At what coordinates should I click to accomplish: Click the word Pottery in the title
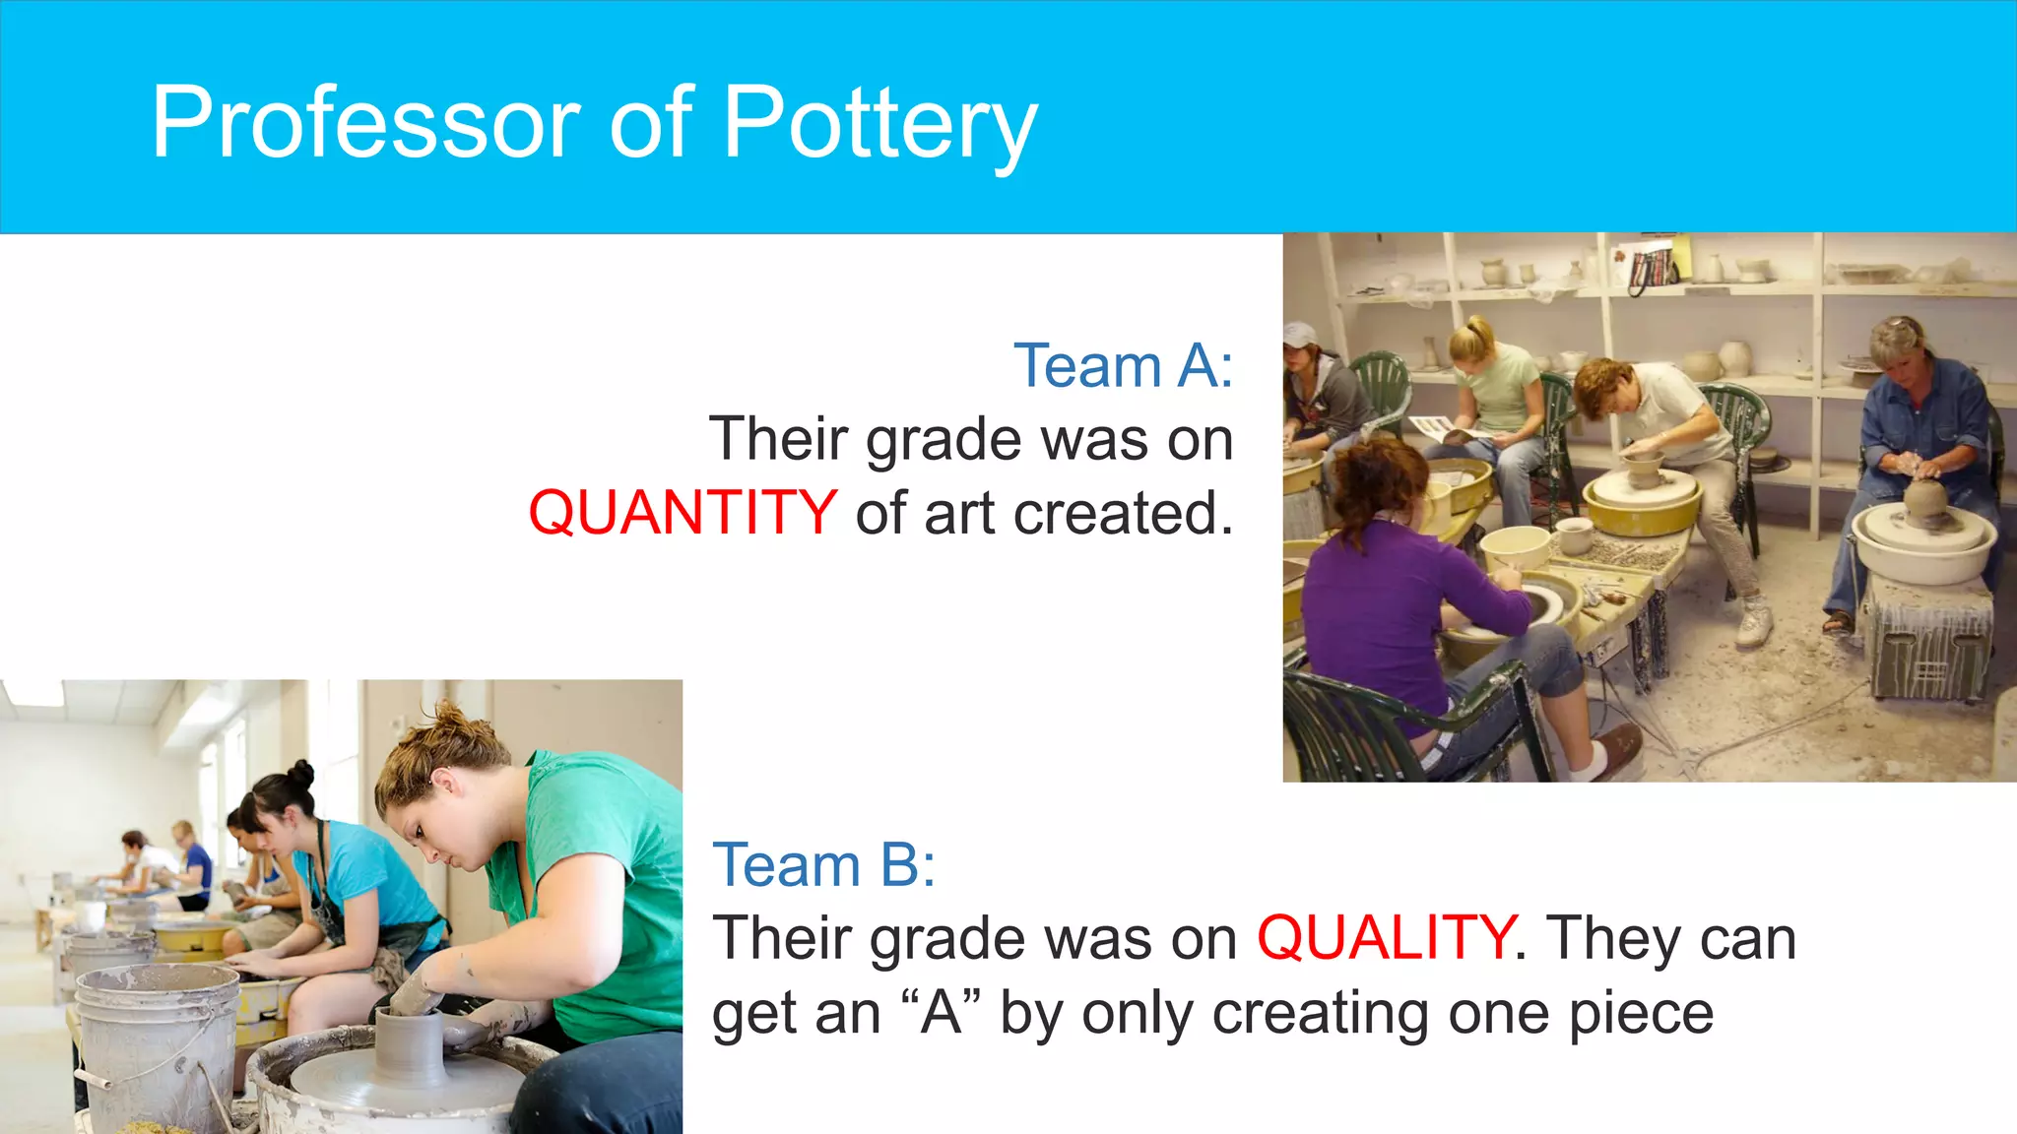[879, 122]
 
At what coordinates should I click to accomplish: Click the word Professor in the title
[367, 122]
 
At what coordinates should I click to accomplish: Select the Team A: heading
[1123, 366]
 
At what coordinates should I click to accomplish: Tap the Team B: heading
[823, 865]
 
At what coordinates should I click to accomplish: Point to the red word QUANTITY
[683, 513]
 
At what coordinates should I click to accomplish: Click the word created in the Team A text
[1122, 513]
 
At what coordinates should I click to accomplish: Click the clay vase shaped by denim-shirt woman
[1925, 500]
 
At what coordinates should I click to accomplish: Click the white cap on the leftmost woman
[1299, 335]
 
